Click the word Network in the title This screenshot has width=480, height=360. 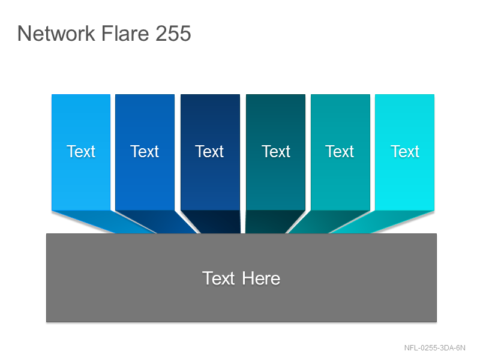[56, 34]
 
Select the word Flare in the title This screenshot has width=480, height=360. [125, 34]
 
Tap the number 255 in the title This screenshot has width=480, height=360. [173, 34]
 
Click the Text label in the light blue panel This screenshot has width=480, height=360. [81, 152]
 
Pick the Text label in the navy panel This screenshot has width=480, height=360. [209, 152]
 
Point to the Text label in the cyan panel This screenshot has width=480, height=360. [404, 152]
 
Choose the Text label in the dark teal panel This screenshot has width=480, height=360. [276, 152]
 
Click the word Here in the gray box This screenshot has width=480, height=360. [261, 278]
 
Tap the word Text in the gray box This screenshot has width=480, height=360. [218, 278]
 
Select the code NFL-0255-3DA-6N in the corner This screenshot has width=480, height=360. [434, 348]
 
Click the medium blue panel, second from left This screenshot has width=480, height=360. [145, 152]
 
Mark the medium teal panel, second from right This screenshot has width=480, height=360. [340, 152]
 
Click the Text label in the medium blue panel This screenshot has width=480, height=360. [145, 152]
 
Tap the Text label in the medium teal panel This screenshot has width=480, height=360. [340, 152]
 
